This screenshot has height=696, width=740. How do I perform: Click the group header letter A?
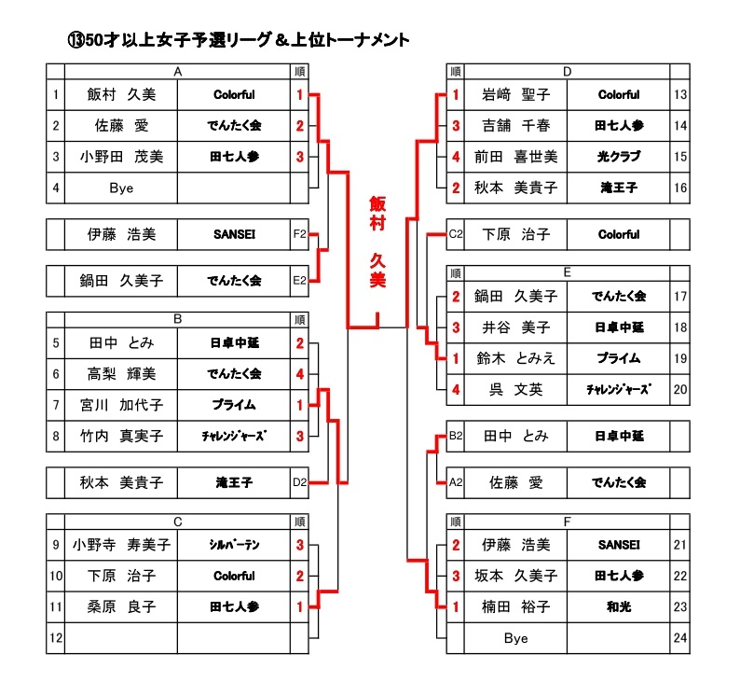tap(177, 71)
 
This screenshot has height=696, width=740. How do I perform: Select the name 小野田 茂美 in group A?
tap(121, 157)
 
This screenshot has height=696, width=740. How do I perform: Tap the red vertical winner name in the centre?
tap(377, 243)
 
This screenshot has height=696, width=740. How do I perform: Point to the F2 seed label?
tap(299, 235)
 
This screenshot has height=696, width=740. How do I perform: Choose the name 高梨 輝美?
tap(121, 374)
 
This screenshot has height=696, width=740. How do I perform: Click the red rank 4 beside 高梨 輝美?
tap(300, 374)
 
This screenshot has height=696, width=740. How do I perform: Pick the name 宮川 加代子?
tap(121, 406)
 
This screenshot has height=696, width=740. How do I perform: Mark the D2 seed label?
tap(299, 483)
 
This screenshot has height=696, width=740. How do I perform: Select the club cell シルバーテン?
tap(234, 545)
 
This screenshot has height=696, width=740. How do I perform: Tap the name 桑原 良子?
tap(121, 607)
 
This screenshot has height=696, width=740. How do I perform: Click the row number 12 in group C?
tap(56, 638)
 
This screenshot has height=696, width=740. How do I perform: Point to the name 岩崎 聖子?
tap(515, 95)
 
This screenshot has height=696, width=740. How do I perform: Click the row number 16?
tap(679, 188)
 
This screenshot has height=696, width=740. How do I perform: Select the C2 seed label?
tap(456, 235)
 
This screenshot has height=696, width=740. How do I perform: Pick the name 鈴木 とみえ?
tap(515, 359)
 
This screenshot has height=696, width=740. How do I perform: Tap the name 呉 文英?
tap(515, 390)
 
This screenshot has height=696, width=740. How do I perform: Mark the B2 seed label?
tap(456, 436)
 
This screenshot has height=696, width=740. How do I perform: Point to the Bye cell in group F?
tap(515, 638)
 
